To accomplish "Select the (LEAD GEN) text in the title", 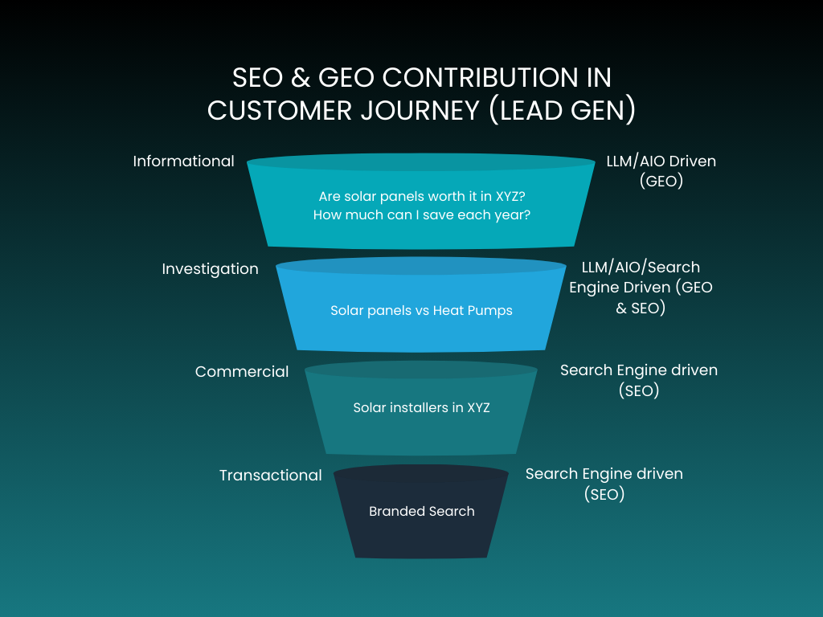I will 562,110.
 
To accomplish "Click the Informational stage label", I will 183,161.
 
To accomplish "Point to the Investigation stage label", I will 210,269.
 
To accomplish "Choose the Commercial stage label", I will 241,372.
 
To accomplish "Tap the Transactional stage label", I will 270,476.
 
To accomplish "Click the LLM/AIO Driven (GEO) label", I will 661,171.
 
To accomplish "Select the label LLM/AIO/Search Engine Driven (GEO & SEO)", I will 641,287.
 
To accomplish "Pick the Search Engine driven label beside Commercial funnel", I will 638,380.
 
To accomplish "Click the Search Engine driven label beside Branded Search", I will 604,484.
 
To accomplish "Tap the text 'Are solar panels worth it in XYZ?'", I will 422,197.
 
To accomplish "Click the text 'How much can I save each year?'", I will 422,215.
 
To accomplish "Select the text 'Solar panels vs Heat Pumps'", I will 421,311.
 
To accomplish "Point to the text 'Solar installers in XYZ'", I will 421,408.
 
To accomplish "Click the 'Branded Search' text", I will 421,512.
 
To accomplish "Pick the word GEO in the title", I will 346,78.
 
